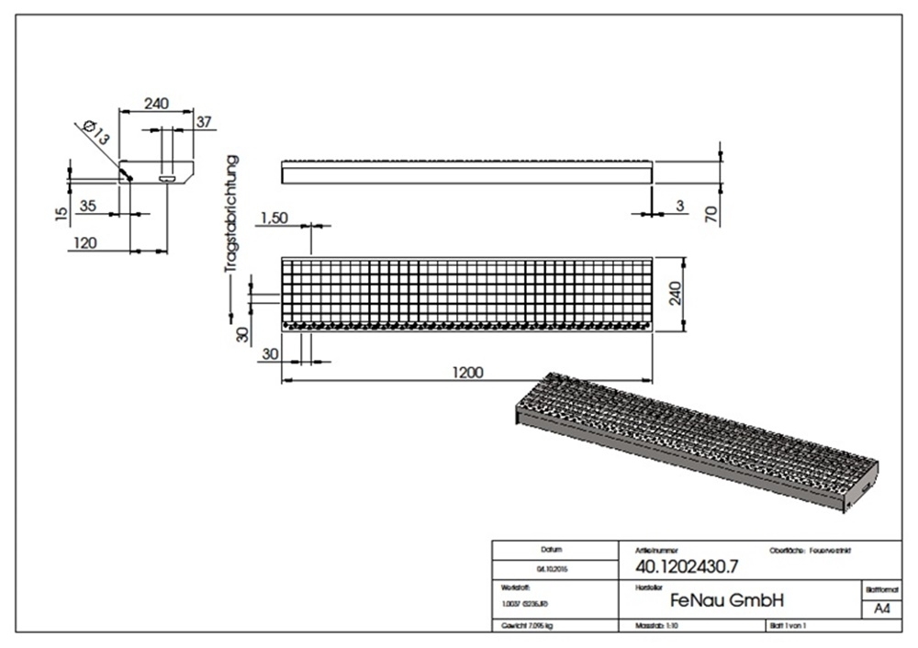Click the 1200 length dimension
click(467, 372)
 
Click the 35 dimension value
click(88, 207)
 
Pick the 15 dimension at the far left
click(61, 213)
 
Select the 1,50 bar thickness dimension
click(275, 218)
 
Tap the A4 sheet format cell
click(881, 608)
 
